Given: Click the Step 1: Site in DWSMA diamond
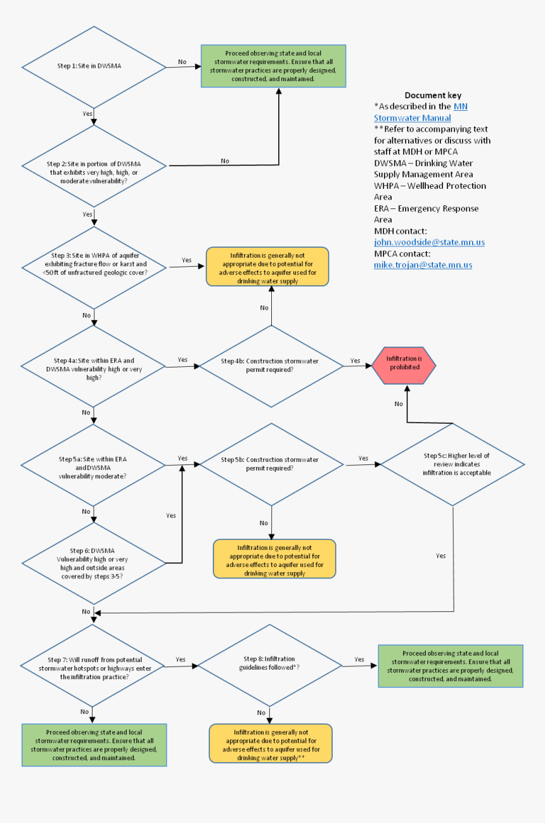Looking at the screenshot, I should point(94,67).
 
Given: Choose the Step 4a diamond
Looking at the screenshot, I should point(94,366).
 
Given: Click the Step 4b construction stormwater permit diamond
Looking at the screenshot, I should point(271,366).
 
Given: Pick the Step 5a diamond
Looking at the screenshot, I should point(94,466).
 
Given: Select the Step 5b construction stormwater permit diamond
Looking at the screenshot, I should point(271,464).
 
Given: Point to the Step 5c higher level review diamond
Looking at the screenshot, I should point(452,464).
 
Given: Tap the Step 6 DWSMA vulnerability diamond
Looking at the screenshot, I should point(94,563).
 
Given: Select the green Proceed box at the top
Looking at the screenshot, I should point(273,66).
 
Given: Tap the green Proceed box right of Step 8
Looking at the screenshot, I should point(451,666).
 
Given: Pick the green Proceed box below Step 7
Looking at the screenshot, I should point(94,745).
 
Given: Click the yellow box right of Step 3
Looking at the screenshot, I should point(267,267).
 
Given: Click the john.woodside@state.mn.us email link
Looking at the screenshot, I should point(429,243).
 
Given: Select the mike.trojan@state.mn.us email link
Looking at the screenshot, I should point(423,265).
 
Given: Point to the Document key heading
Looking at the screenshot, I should point(433,95).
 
